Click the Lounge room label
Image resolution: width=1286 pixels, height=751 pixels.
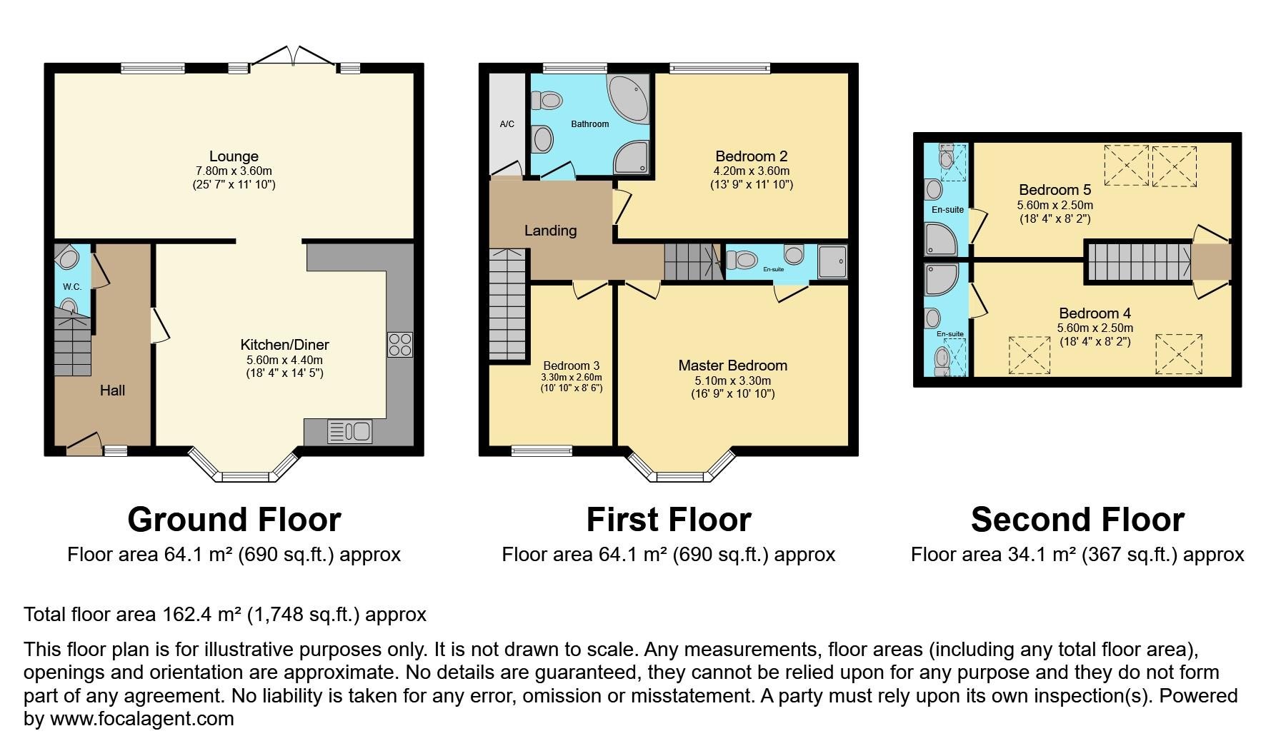[234, 156]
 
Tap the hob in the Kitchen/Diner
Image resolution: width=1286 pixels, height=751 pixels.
[400, 345]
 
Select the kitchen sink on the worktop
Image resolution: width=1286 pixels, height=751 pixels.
[350, 432]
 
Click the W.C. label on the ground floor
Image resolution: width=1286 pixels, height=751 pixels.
[72, 286]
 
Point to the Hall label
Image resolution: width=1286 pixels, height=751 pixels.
[112, 390]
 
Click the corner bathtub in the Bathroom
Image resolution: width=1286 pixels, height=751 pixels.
[628, 99]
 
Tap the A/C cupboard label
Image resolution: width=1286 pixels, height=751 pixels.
[507, 124]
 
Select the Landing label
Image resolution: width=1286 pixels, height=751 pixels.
[550, 231]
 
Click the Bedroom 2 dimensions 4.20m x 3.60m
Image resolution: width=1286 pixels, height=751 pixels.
[752, 171]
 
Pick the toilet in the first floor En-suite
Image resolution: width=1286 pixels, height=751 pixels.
[742, 260]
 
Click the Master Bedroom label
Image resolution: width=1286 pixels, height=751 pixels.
[733, 366]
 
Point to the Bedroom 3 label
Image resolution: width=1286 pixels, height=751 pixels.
[572, 366]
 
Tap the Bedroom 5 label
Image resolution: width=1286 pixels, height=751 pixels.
[1055, 190]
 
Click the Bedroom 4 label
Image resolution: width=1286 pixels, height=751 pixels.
[1095, 313]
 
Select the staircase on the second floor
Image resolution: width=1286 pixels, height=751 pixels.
[1139, 262]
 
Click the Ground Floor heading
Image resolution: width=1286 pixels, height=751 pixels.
[234, 520]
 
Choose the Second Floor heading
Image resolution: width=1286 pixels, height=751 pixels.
[1077, 520]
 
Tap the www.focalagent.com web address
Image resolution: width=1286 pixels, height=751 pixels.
[141, 718]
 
